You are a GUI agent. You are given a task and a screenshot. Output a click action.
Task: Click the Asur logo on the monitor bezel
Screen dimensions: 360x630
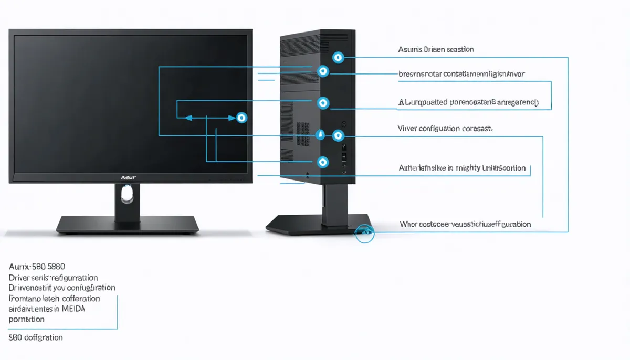click(128, 178)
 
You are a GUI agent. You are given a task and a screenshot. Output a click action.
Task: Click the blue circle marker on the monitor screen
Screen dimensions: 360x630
click(241, 118)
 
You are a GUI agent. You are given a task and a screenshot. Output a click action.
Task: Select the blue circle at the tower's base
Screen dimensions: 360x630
click(364, 232)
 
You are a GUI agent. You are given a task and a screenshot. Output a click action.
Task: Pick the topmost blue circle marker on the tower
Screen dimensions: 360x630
click(338, 57)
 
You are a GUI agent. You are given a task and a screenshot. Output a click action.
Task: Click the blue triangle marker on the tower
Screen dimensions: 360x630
click(320, 134)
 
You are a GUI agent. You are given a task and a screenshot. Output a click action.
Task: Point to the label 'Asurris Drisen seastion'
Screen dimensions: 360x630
click(436, 49)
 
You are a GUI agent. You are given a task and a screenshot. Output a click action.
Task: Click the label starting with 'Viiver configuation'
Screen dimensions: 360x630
click(445, 128)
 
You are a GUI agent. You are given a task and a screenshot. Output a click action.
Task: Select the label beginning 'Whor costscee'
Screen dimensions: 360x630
click(465, 224)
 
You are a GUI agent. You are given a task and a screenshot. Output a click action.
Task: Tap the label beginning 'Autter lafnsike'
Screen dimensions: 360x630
click(462, 168)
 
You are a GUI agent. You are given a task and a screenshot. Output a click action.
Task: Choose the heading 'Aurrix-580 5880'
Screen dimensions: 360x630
click(40, 267)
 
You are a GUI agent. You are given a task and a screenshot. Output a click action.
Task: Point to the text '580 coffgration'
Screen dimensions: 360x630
click(36, 337)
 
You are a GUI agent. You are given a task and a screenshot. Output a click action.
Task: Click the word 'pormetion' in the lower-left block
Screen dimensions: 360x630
click(26, 319)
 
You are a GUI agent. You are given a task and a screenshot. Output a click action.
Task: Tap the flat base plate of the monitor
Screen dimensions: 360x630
click(128, 225)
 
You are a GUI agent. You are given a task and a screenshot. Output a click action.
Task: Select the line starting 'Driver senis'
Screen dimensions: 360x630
click(53, 277)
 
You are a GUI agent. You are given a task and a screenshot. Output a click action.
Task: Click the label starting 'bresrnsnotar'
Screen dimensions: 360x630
click(461, 74)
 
